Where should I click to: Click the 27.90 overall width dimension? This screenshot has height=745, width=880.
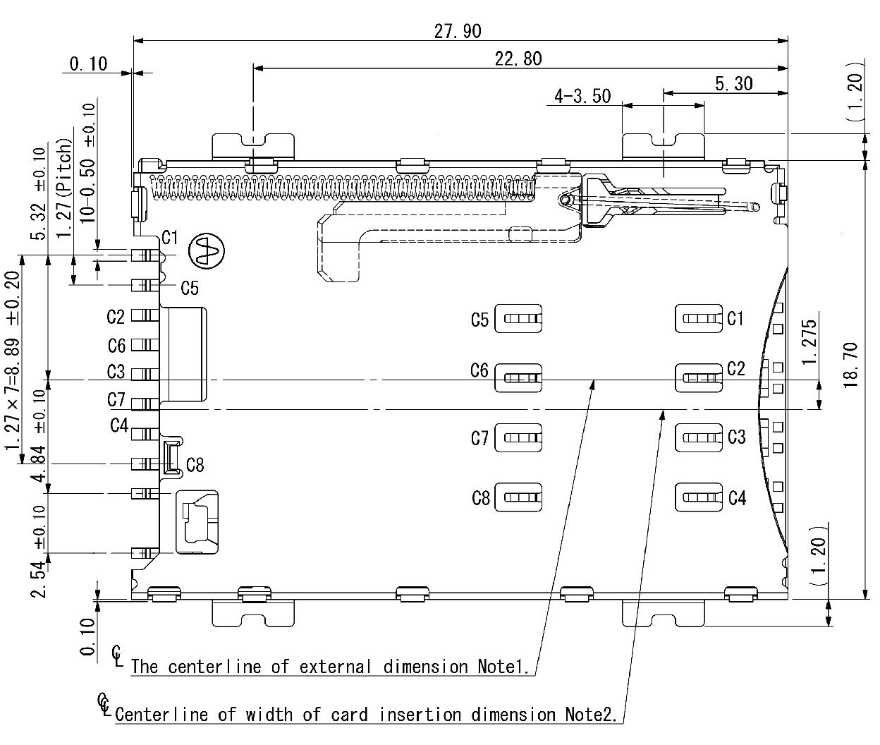[x=458, y=32]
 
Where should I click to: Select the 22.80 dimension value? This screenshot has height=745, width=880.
[x=518, y=59]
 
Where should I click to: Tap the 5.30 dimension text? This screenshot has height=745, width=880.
[x=733, y=84]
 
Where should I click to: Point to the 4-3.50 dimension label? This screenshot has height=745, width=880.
[x=582, y=96]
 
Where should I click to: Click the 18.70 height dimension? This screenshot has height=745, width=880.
[x=850, y=365]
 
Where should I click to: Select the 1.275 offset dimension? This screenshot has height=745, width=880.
[x=809, y=342]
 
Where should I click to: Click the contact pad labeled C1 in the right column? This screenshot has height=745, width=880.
[x=699, y=318]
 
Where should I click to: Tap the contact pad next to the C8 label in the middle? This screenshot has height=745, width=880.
[x=518, y=497]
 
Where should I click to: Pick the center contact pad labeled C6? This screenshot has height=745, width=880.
[x=518, y=377]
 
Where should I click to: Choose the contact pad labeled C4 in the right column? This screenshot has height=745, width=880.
[x=699, y=497]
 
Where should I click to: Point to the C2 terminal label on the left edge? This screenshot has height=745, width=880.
[x=116, y=317]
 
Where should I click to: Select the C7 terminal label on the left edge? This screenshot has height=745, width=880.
[x=116, y=400]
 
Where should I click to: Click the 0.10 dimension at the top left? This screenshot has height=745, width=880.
[x=88, y=64]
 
